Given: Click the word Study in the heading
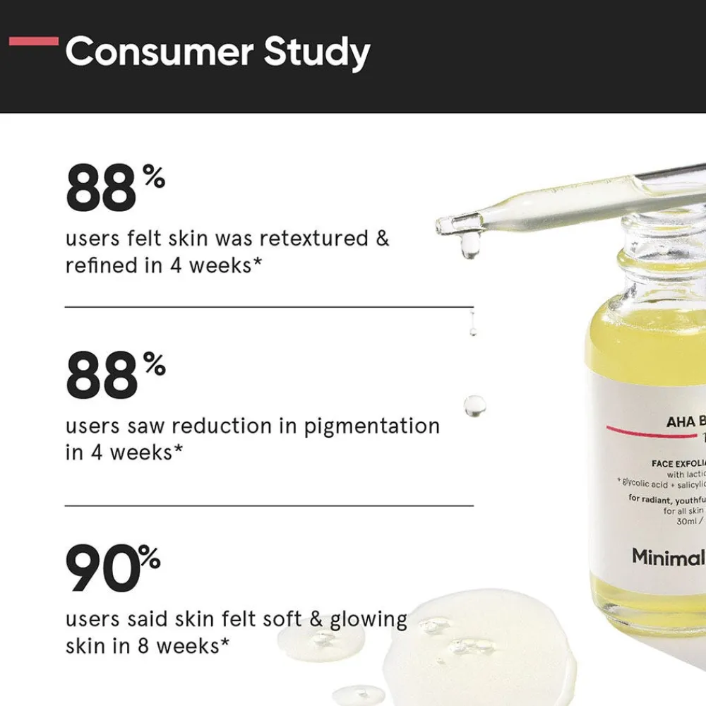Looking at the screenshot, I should click(x=317, y=54).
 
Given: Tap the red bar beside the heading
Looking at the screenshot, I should click(x=33, y=41).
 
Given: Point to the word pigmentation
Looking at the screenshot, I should click(x=372, y=426).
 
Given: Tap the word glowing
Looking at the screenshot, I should click(x=369, y=619).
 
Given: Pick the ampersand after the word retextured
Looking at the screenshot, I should click(x=382, y=238).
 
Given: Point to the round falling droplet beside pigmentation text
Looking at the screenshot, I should click(x=474, y=405).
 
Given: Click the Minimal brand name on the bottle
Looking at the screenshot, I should click(x=668, y=557).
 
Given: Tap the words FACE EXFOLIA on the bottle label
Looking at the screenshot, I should click(x=678, y=463).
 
